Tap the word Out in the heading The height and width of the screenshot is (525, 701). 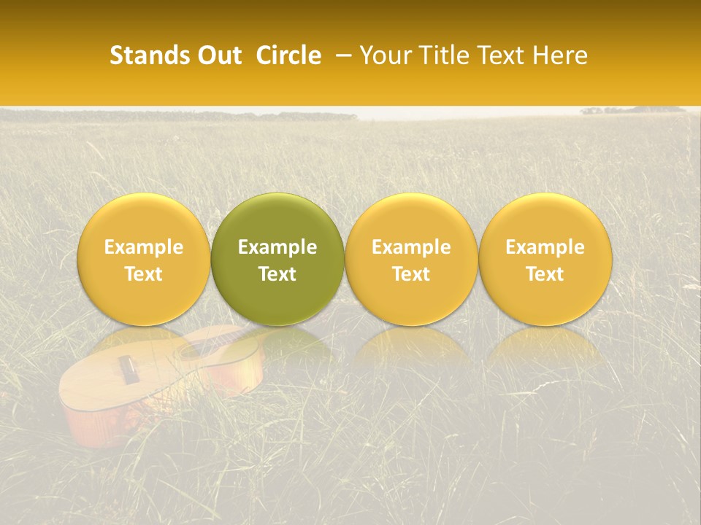pos(218,55)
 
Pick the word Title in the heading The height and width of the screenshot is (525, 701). pos(445,55)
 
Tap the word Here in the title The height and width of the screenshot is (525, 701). pos(561,55)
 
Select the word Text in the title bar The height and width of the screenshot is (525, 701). pos(504,55)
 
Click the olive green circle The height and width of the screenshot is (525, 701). pos(277,260)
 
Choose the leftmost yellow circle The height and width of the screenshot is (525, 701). pos(144,260)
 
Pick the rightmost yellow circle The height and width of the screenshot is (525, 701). pos(545,260)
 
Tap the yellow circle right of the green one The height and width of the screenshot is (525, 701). pos(411,260)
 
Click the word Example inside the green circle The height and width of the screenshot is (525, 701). pos(277,247)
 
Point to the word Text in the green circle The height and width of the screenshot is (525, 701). pos(277,274)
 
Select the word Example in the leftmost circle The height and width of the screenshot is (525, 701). pos(144,247)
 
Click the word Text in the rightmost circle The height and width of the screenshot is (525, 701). pos(545,274)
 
